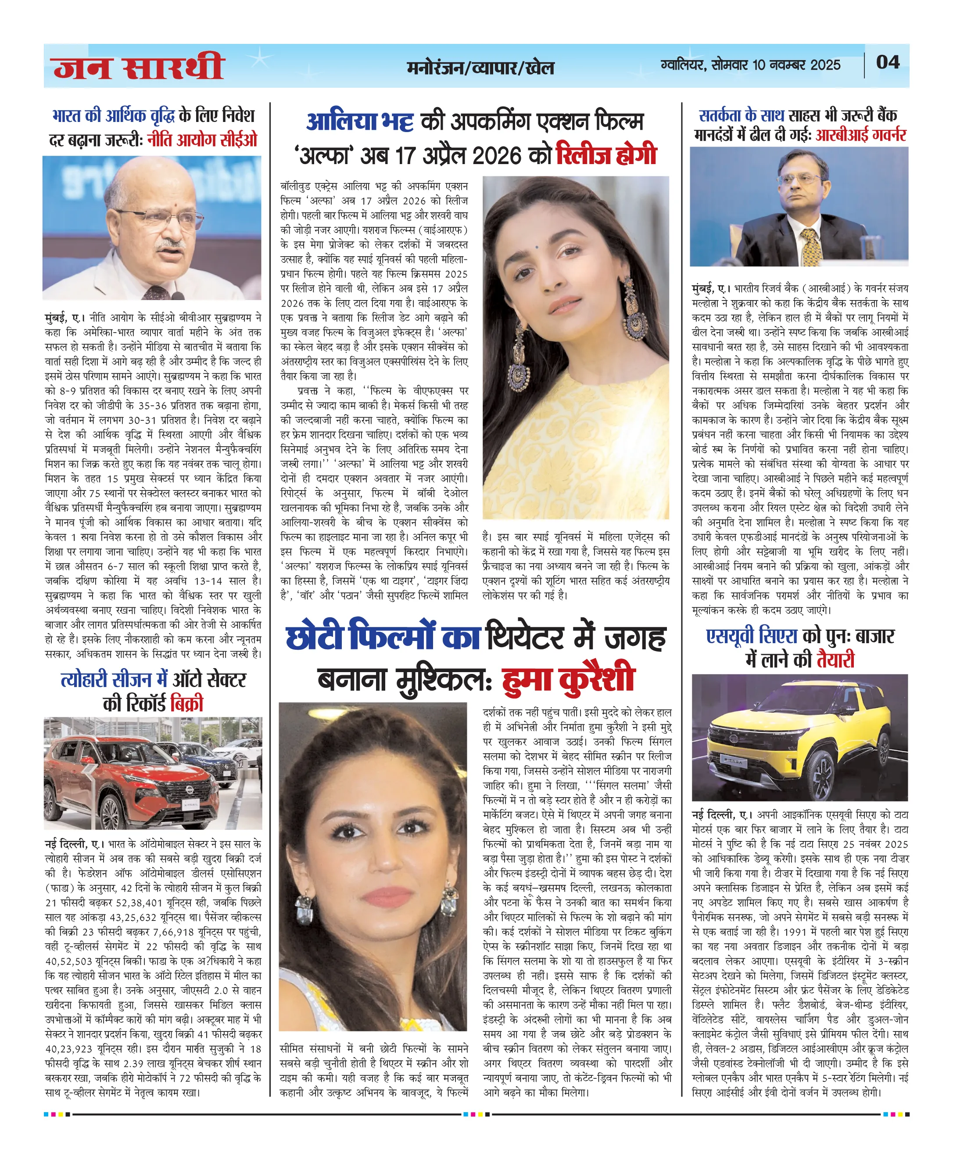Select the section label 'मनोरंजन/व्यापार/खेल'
(480, 68)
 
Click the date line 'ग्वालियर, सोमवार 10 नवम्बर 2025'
(750, 65)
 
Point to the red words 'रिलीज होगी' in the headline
(606, 155)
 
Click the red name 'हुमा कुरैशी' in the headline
(568, 679)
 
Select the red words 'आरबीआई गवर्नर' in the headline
(860, 135)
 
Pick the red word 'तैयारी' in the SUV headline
(835, 659)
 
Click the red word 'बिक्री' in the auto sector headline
(186, 703)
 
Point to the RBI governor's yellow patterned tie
(811, 247)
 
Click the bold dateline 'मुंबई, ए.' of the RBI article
(711, 288)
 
